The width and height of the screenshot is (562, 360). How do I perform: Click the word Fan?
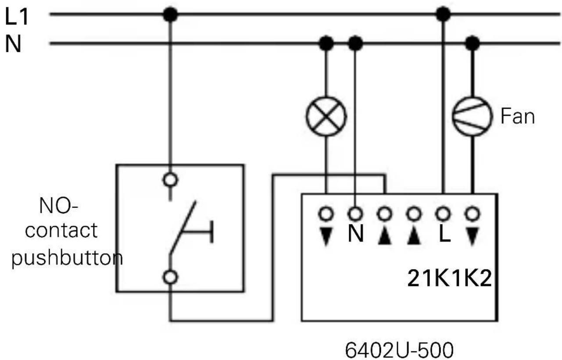coord(517,117)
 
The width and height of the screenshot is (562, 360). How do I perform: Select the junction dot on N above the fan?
coord(473,43)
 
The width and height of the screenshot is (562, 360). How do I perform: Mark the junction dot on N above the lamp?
coord(326,43)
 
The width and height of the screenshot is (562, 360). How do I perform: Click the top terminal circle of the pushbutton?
coord(170,179)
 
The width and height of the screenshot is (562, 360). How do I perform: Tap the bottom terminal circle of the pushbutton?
coord(170,277)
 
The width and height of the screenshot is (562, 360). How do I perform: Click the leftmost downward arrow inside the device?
coord(326,235)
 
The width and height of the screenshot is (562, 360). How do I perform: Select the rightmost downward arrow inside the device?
coord(472,235)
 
